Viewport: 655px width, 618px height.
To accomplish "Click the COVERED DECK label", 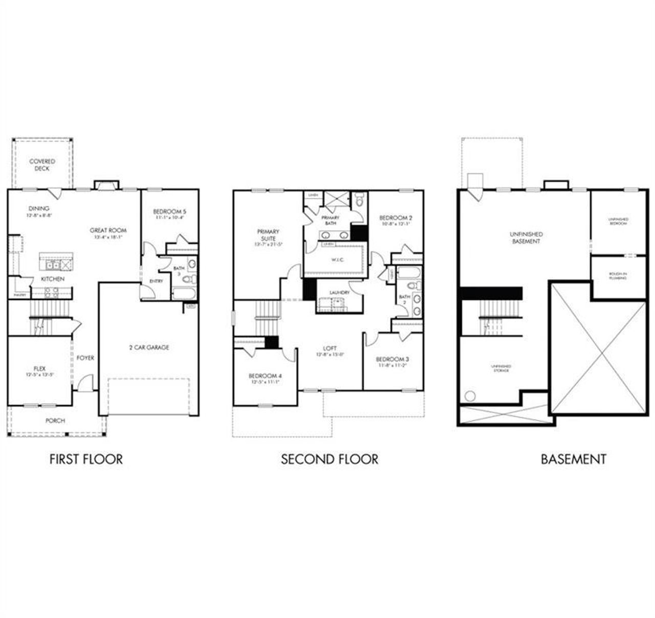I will [42, 165].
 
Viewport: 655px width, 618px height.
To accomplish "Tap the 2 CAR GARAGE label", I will [149, 347].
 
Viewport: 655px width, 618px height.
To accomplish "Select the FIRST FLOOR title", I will [86, 459].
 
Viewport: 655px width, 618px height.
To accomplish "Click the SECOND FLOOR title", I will [330, 459].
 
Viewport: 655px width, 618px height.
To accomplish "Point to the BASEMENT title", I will [573, 459].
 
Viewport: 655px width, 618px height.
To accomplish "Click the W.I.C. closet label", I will [337, 260].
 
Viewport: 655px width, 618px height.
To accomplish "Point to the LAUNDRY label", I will [339, 293].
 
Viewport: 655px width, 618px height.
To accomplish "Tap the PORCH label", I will [55, 421].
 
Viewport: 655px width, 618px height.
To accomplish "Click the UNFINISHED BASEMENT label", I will [526, 237].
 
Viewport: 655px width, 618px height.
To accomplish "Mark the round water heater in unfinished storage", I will [470, 395].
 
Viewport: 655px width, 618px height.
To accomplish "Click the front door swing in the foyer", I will [86, 383].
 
